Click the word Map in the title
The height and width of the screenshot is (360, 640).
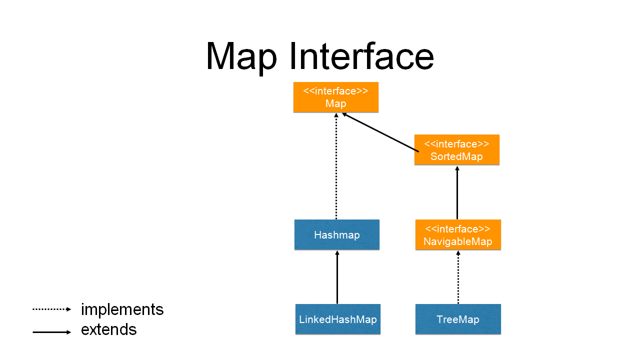pyautogui.click(x=241, y=56)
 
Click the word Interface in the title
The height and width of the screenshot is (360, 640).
pyautogui.click(x=361, y=55)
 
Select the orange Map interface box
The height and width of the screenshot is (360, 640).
pyautogui.click(x=335, y=97)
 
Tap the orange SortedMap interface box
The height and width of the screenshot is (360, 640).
pyautogui.click(x=456, y=149)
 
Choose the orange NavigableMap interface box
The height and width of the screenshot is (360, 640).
pyautogui.click(x=457, y=234)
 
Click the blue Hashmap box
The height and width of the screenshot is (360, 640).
pyautogui.click(x=336, y=234)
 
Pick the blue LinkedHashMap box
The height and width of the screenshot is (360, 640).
pyautogui.click(x=337, y=319)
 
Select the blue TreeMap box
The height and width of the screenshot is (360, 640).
pyautogui.click(x=457, y=319)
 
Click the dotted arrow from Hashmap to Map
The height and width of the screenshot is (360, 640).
pyautogui.click(x=336, y=165)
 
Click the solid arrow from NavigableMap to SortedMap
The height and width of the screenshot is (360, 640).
pyautogui.click(x=457, y=192)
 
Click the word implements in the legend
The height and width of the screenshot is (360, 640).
pyautogui.click(x=122, y=309)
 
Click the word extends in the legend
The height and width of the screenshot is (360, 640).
pyautogui.click(x=108, y=329)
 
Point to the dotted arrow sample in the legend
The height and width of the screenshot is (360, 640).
pyautogui.click(x=52, y=309)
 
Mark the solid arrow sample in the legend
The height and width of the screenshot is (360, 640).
pyautogui.click(x=52, y=332)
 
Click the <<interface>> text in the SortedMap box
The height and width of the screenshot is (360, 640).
pyautogui.click(x=456, y=144)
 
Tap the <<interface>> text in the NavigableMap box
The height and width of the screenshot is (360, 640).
pyautogui.click(x=457, y=229)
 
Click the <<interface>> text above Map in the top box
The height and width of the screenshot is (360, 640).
pyautogui.click(x=335, y=91)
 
